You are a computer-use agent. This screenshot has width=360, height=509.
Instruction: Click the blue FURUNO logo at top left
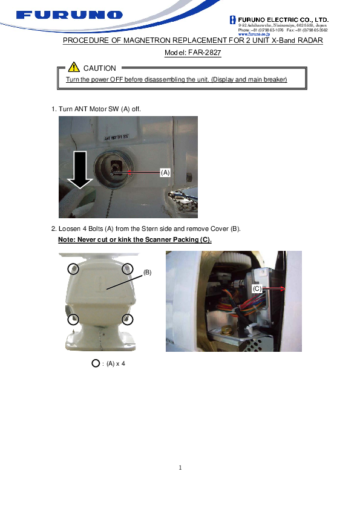[x=70, y=15]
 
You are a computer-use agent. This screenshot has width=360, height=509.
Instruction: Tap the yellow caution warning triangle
[x=74, y=68]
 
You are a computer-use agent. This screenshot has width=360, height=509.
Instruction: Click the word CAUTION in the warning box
[x=100, y=68]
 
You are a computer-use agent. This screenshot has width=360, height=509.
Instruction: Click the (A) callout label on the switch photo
[x=165, y=172]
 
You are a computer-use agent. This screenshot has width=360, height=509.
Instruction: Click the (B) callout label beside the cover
[x=147, y=272]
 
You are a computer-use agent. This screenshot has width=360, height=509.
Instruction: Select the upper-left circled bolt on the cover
[x=73, y=268]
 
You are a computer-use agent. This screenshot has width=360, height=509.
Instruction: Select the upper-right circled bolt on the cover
[x=127, y=268]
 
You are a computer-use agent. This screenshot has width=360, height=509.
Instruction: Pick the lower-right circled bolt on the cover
[x=127, y=319]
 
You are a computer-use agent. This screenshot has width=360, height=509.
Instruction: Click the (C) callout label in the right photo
[x=257, y=289]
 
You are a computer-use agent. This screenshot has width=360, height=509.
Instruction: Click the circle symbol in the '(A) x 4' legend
[x=95, y=363]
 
